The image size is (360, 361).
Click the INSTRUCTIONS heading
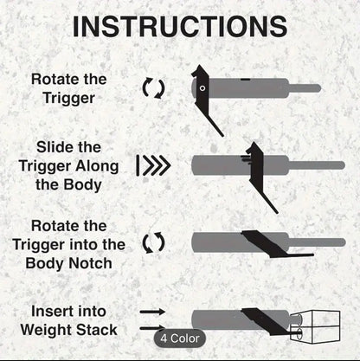[179, 26]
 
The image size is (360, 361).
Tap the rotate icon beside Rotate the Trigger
[154, 87]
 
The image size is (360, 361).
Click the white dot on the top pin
[202, 87]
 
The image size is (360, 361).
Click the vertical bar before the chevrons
[138, 164]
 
